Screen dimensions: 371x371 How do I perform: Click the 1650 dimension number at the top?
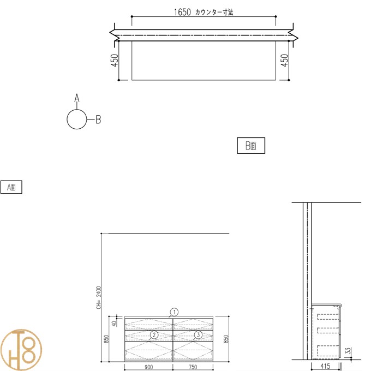tap(182, 12)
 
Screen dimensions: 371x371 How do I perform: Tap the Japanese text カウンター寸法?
tap(214, 12)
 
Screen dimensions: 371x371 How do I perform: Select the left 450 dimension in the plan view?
tap(115, 61)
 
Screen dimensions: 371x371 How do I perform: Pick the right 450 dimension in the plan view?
tap(284, 61)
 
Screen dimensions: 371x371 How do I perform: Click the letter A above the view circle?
tap(77, 98)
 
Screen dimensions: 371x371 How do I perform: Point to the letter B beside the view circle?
tap(98, 119)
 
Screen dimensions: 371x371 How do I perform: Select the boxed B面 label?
tap(251, 146)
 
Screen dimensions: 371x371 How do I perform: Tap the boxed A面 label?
tap(11, 187)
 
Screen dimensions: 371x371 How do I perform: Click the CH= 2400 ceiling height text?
tap(99, 298)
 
